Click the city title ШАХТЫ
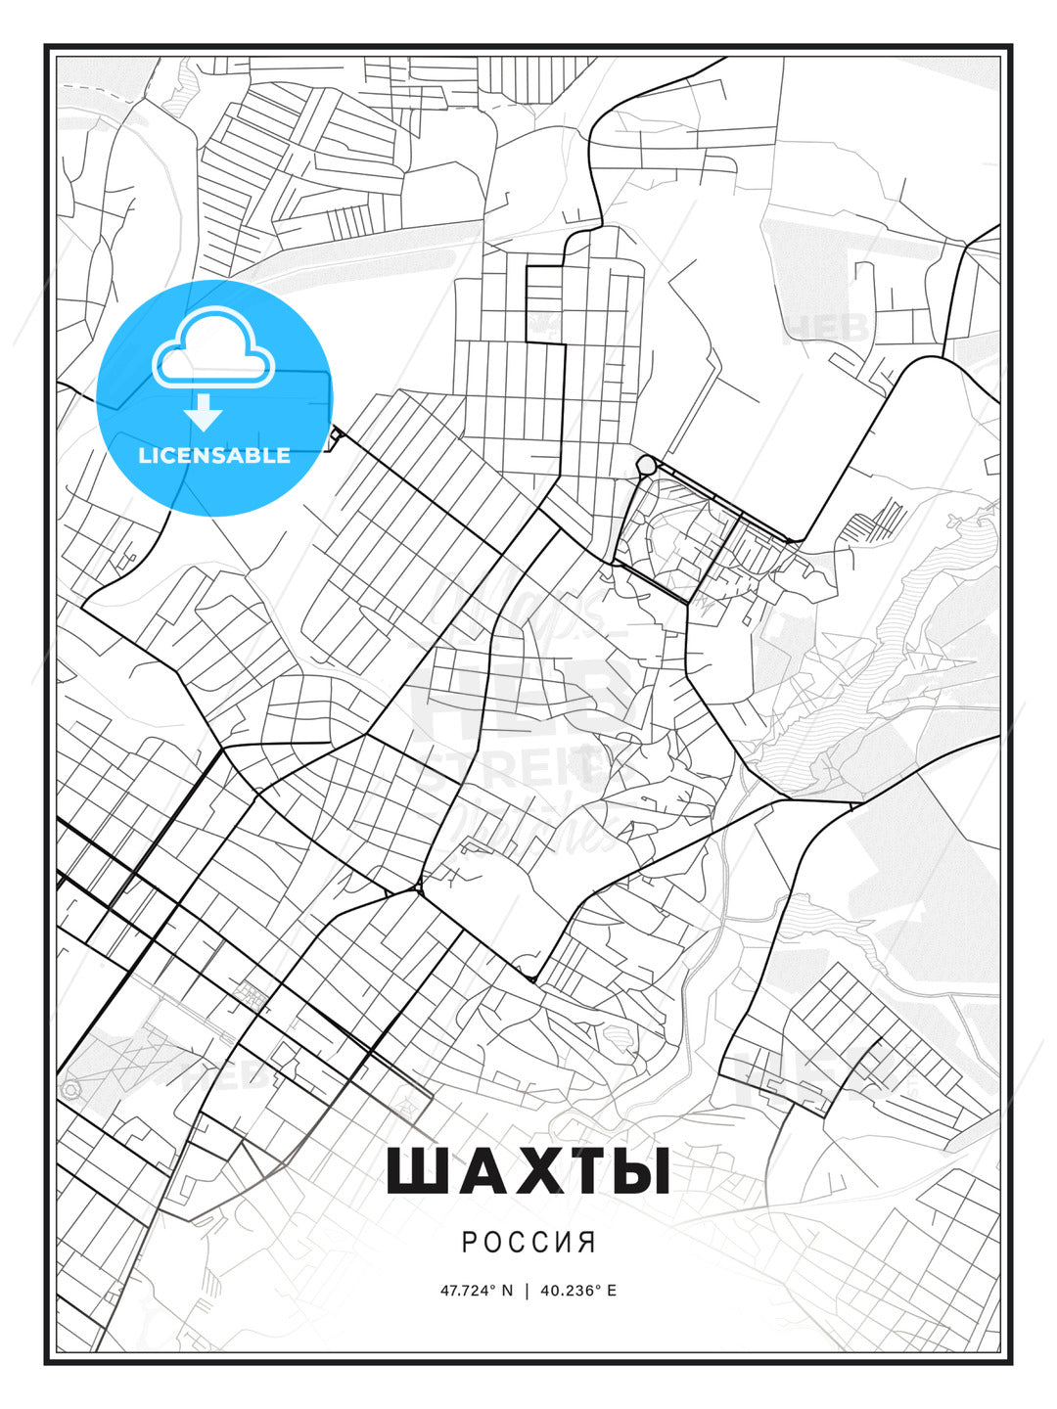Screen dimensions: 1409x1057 click(528, 1171)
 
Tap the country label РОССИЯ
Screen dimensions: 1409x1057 click(528, 1243)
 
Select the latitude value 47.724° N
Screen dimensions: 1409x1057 click(476, 1290)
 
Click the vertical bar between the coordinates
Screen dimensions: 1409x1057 click(528, 1290)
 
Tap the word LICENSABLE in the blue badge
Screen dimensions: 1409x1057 click(214, 455)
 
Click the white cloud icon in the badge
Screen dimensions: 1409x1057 click(213, 347)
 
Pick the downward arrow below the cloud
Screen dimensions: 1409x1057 click(204, 413)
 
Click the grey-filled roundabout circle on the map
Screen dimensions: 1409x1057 click(645, 463)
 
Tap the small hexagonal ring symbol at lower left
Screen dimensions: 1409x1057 click(69, 1089)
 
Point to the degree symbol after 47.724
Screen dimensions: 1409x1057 click(493, 1287)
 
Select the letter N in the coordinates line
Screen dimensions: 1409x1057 click(506, 1290)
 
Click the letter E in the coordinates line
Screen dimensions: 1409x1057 click(612, 1290)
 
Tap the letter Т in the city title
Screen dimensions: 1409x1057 click(581, 1171)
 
